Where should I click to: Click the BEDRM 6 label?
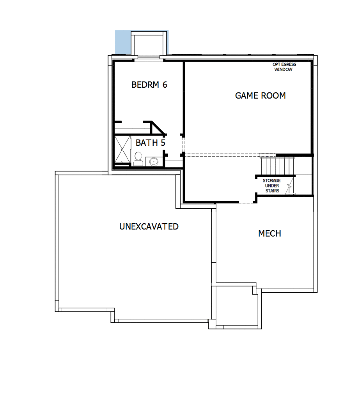[149, 85]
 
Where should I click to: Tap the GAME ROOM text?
[260, 95]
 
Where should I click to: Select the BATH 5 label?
[150, 143]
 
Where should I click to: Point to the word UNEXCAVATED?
[149, 226]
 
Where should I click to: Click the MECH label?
[270, 233]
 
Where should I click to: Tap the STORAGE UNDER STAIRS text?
[272, 186]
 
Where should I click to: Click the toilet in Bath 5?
[138, 159]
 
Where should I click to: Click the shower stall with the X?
[122, 149]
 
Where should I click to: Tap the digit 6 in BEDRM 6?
[165, 85]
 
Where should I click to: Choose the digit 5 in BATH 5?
[163, 143]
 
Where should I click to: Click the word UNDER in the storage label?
[272, 186]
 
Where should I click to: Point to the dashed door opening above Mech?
[246, 203]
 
